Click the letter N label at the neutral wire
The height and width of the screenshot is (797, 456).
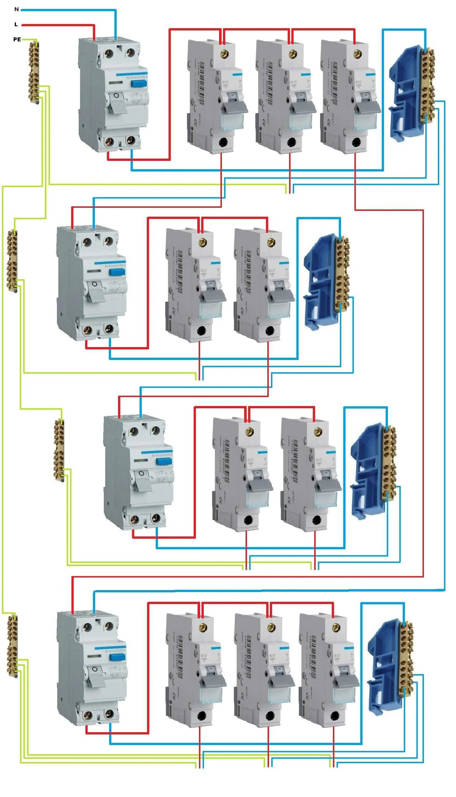16,9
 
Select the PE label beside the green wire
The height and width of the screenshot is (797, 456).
17,39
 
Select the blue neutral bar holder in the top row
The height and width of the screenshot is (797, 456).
404,94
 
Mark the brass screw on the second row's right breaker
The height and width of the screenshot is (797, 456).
271,242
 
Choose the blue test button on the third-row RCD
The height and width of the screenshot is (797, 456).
164,461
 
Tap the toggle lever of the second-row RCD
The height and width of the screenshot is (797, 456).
95,292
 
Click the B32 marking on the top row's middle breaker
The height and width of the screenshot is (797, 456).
294,82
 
